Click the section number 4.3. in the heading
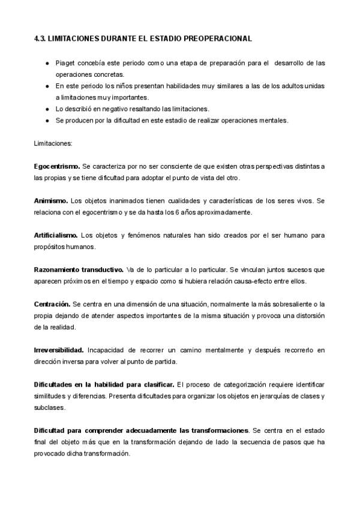pos(41,38)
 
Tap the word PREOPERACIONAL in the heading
pos(218,38)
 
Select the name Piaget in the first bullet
pos(66,63)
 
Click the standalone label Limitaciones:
pos(53,144)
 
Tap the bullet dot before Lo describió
pos(47,109)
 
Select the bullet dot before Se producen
pos(47,120)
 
